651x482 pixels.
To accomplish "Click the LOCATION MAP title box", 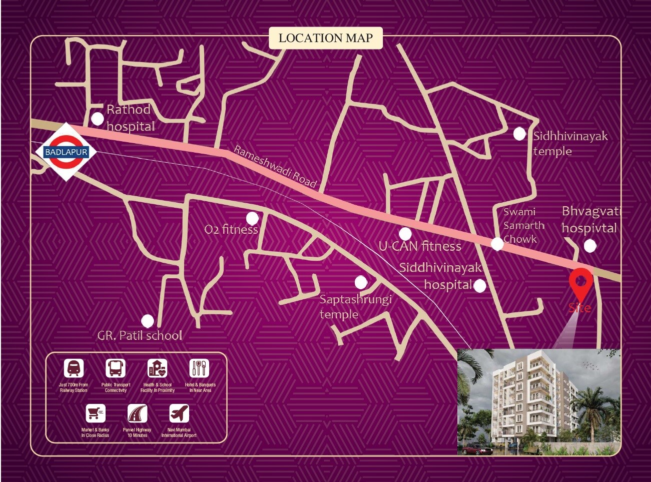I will [x=325, y=38].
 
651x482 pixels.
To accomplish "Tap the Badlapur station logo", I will [x=66, y=152].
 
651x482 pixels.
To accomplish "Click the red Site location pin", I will [x=580, y=283].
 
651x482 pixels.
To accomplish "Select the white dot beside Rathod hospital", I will [x=98, y=119].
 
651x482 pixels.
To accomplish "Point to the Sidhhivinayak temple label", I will [x=570, y=143].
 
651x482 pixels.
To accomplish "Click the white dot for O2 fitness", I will [x=252, y=218].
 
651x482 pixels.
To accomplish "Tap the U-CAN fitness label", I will [x=420, y=246].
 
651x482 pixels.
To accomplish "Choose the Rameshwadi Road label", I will [x=275, y=166].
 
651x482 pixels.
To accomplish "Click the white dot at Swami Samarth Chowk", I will [x=497, y=244].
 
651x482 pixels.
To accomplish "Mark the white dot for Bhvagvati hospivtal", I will [x=590, y=245].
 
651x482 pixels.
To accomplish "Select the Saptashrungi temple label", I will [x=355, y=306].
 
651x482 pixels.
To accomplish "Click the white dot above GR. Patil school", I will [x=148, y=320].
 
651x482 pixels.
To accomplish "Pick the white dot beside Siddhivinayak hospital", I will [x=479, y=286].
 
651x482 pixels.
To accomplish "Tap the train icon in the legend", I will [x=74, y=368].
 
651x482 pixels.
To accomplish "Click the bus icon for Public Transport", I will [x=116, y=368].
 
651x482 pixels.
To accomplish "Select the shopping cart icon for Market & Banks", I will [x=96, y=413].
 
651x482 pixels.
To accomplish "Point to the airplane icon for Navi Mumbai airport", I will [x=179, y=413].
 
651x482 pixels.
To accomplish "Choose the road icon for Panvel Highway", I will [x=137, y=413].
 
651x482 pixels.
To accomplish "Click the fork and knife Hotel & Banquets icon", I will [x=199, y=368].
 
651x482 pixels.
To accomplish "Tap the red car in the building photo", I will [x=476, y=448].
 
